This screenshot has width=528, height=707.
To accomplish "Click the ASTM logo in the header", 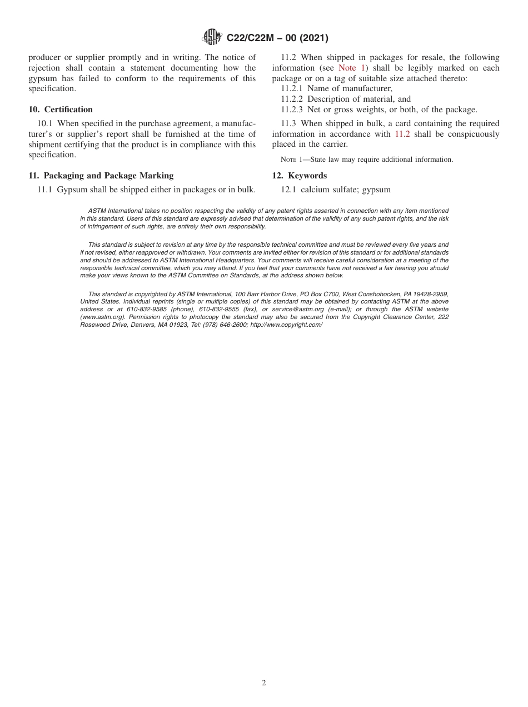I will [x=212, y=37].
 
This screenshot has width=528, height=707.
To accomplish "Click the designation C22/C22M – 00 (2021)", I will [x=277, y=38].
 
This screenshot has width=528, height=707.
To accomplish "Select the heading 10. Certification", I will [x=61, y=109].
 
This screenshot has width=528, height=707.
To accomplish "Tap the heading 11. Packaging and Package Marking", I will [x=101, y=176].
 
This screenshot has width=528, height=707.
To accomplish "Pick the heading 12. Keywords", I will [x=300, y=176].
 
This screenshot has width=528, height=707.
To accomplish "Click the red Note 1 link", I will [x=351, y=68].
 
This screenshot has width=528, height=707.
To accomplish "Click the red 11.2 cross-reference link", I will [x=402, y=134].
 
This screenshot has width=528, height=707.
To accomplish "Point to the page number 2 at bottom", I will [x=264, y=683].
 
